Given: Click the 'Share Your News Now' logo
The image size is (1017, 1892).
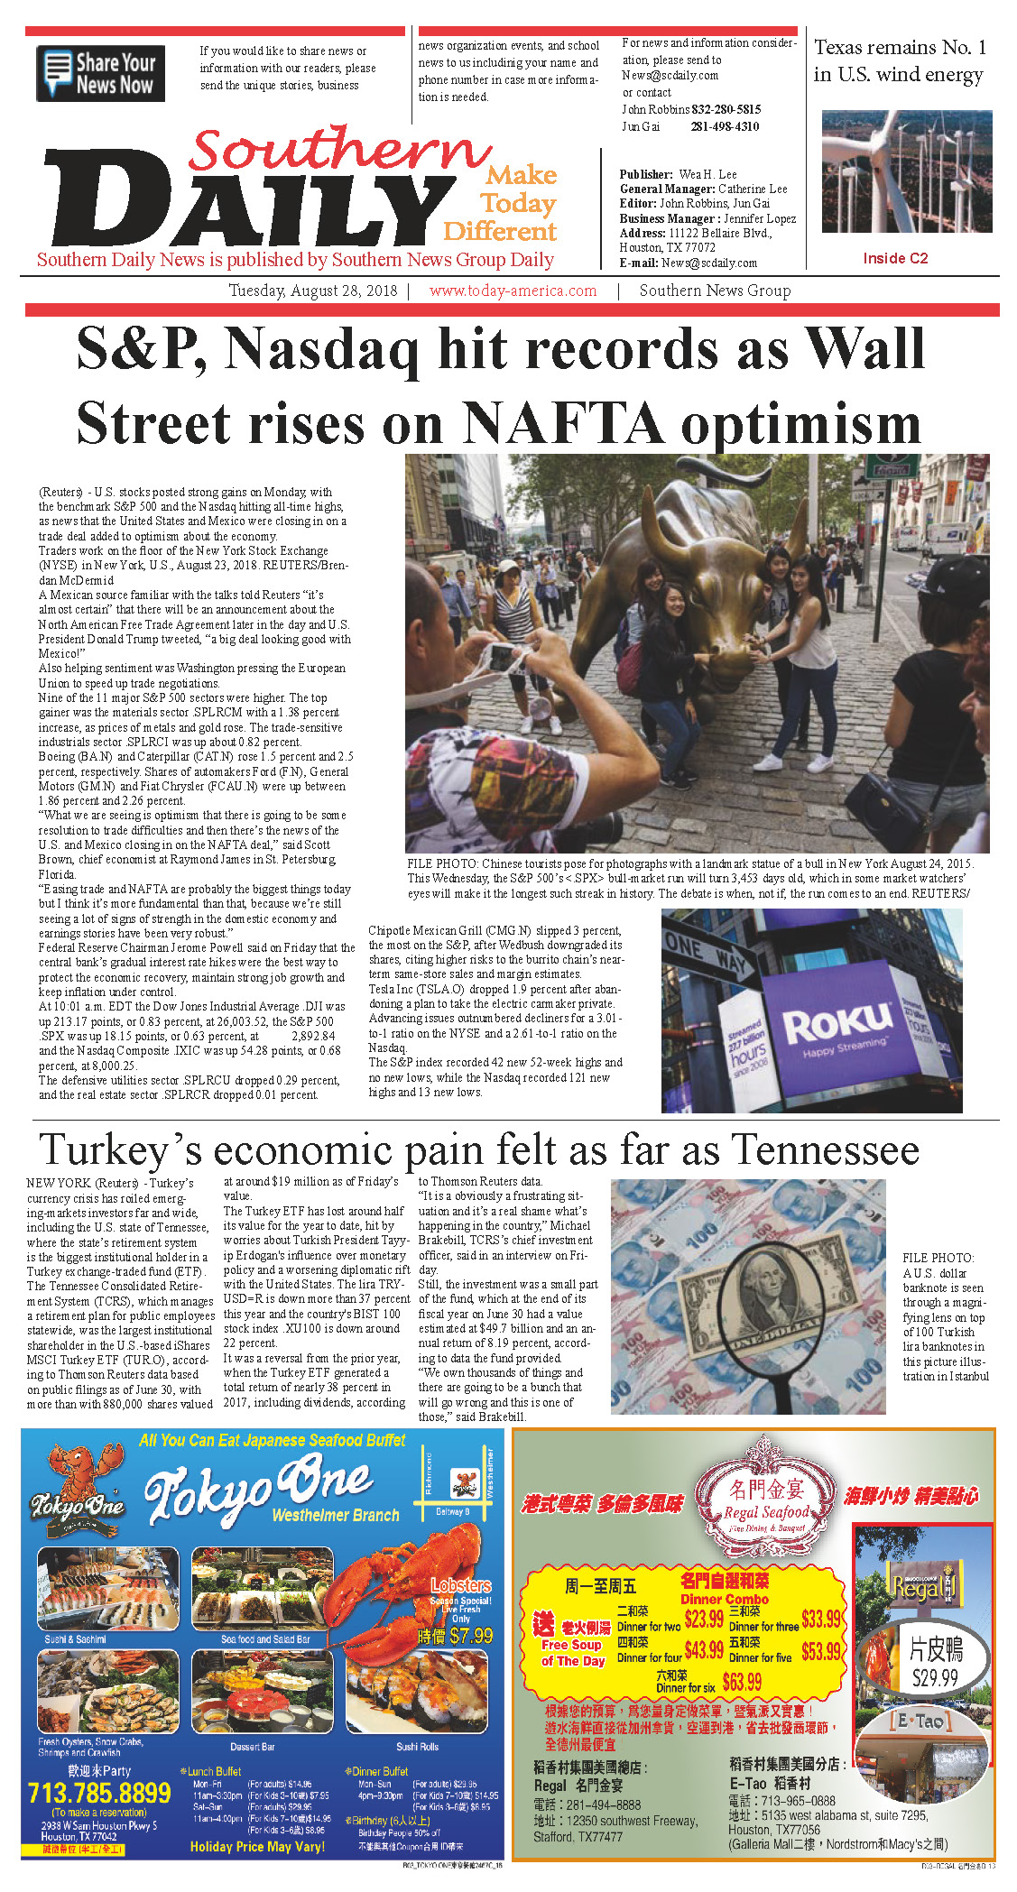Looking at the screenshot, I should (x=100, y=73).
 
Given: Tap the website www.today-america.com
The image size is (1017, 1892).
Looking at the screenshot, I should (x=513, y=291).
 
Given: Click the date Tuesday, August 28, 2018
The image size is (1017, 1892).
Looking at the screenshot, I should (x=312, y=291).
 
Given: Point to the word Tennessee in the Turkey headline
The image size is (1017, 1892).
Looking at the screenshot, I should (x=825, y=1149).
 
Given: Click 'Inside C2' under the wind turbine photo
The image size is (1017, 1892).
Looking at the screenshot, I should (x=894, y=258).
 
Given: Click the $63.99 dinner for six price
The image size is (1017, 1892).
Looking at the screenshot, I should (x=742, y=1681).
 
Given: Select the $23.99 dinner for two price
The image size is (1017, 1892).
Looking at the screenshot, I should (x=704, y=1618).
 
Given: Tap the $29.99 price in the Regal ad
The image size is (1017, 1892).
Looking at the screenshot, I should (x=935, y=1677).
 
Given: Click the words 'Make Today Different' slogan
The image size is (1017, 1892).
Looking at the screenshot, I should (x=502, y=203).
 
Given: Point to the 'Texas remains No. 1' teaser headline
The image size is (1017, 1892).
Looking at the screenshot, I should (x=899, y=60).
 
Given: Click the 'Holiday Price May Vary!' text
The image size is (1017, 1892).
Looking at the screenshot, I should (x=257, y=1846).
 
